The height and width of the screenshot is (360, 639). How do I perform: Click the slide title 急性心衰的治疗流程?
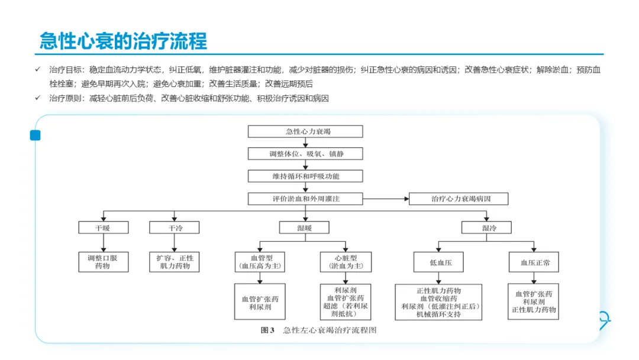point(123,41)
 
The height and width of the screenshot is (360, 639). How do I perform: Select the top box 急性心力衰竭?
point(305,131)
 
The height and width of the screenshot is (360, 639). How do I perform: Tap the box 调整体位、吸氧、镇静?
point(305,154)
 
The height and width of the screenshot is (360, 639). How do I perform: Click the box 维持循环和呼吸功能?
point(305,176)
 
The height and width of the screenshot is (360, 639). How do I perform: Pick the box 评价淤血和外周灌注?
point(305,198)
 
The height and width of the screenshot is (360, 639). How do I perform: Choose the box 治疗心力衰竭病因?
point(459,198)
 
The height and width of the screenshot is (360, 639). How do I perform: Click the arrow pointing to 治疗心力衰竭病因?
point(386,198)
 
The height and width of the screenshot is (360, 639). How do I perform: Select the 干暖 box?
point(104,227)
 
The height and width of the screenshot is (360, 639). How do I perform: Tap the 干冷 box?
point(175,227)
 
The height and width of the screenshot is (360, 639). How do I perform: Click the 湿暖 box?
point(304,227)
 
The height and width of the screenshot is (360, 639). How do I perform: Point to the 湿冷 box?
point(486,227)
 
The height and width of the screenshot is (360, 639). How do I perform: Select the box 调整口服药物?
point(104,262)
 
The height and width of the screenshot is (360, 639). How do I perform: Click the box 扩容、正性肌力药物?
point(175,262)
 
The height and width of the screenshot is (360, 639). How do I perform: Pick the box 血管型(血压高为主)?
point(260,262)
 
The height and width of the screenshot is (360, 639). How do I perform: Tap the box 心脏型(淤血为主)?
point(346,262)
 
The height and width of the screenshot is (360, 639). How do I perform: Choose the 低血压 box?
point(438,262)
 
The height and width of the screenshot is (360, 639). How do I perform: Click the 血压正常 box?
point(534,262)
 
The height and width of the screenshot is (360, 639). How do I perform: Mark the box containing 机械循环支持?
point(438,302)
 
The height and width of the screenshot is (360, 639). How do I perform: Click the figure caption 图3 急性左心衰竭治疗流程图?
point(319,330)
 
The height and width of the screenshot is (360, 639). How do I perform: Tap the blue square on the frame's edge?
point(35,136)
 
